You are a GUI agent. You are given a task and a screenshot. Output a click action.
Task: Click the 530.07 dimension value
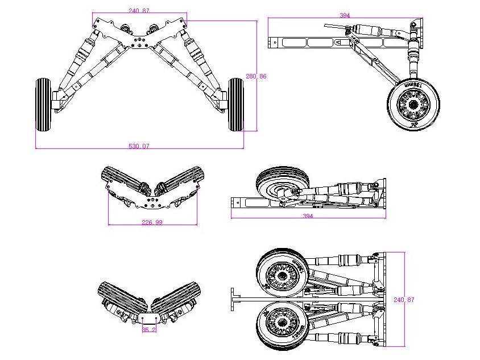coord(139,146)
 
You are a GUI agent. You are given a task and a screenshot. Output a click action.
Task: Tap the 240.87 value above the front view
coord(139,11)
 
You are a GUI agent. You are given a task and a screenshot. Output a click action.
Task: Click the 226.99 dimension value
coord(151,222)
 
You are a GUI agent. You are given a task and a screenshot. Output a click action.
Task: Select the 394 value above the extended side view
coord(345,15)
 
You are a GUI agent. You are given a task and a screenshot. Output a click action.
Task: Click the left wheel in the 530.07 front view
coord(43,105)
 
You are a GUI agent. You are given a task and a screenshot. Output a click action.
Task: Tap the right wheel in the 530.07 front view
coord(235,105)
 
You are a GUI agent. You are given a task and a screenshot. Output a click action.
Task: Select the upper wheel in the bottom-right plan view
coord(282,274)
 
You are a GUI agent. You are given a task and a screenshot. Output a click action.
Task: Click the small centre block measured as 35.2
coord(148,317)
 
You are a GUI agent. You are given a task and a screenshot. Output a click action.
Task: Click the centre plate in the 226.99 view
coord(151,201)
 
